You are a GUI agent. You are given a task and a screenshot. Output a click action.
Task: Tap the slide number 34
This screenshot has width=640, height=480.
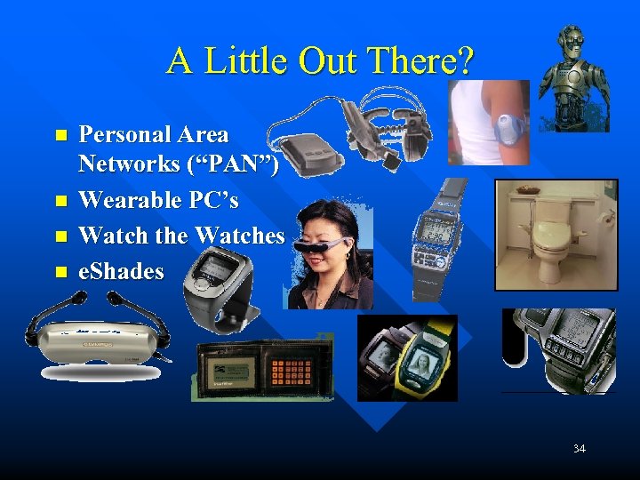coord(579,448)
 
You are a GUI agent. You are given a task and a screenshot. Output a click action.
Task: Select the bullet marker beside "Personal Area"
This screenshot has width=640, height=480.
coord(60,136)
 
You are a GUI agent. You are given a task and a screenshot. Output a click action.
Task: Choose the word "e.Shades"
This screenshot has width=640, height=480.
coord(121,271)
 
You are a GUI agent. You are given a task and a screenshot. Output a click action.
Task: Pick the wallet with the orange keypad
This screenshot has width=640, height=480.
coord(263,369)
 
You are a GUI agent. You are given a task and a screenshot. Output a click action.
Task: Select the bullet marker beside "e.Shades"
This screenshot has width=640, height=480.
coord(60,271)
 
